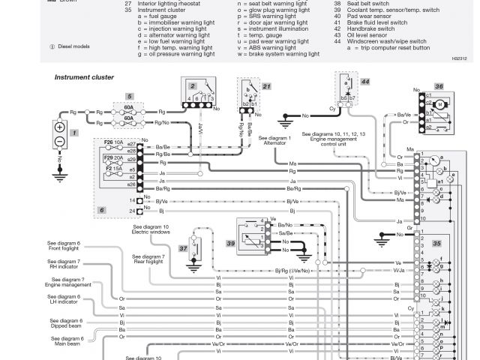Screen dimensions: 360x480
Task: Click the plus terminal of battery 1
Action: [60, 127]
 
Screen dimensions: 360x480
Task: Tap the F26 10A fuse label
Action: [113, 141]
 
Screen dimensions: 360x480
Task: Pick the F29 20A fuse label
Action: [113, 158]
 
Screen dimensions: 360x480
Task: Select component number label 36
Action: [439, 87]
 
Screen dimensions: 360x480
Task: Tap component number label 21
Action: [266, 86]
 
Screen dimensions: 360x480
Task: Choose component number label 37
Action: [183, 248]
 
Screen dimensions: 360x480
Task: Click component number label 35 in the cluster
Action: [436, 244]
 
